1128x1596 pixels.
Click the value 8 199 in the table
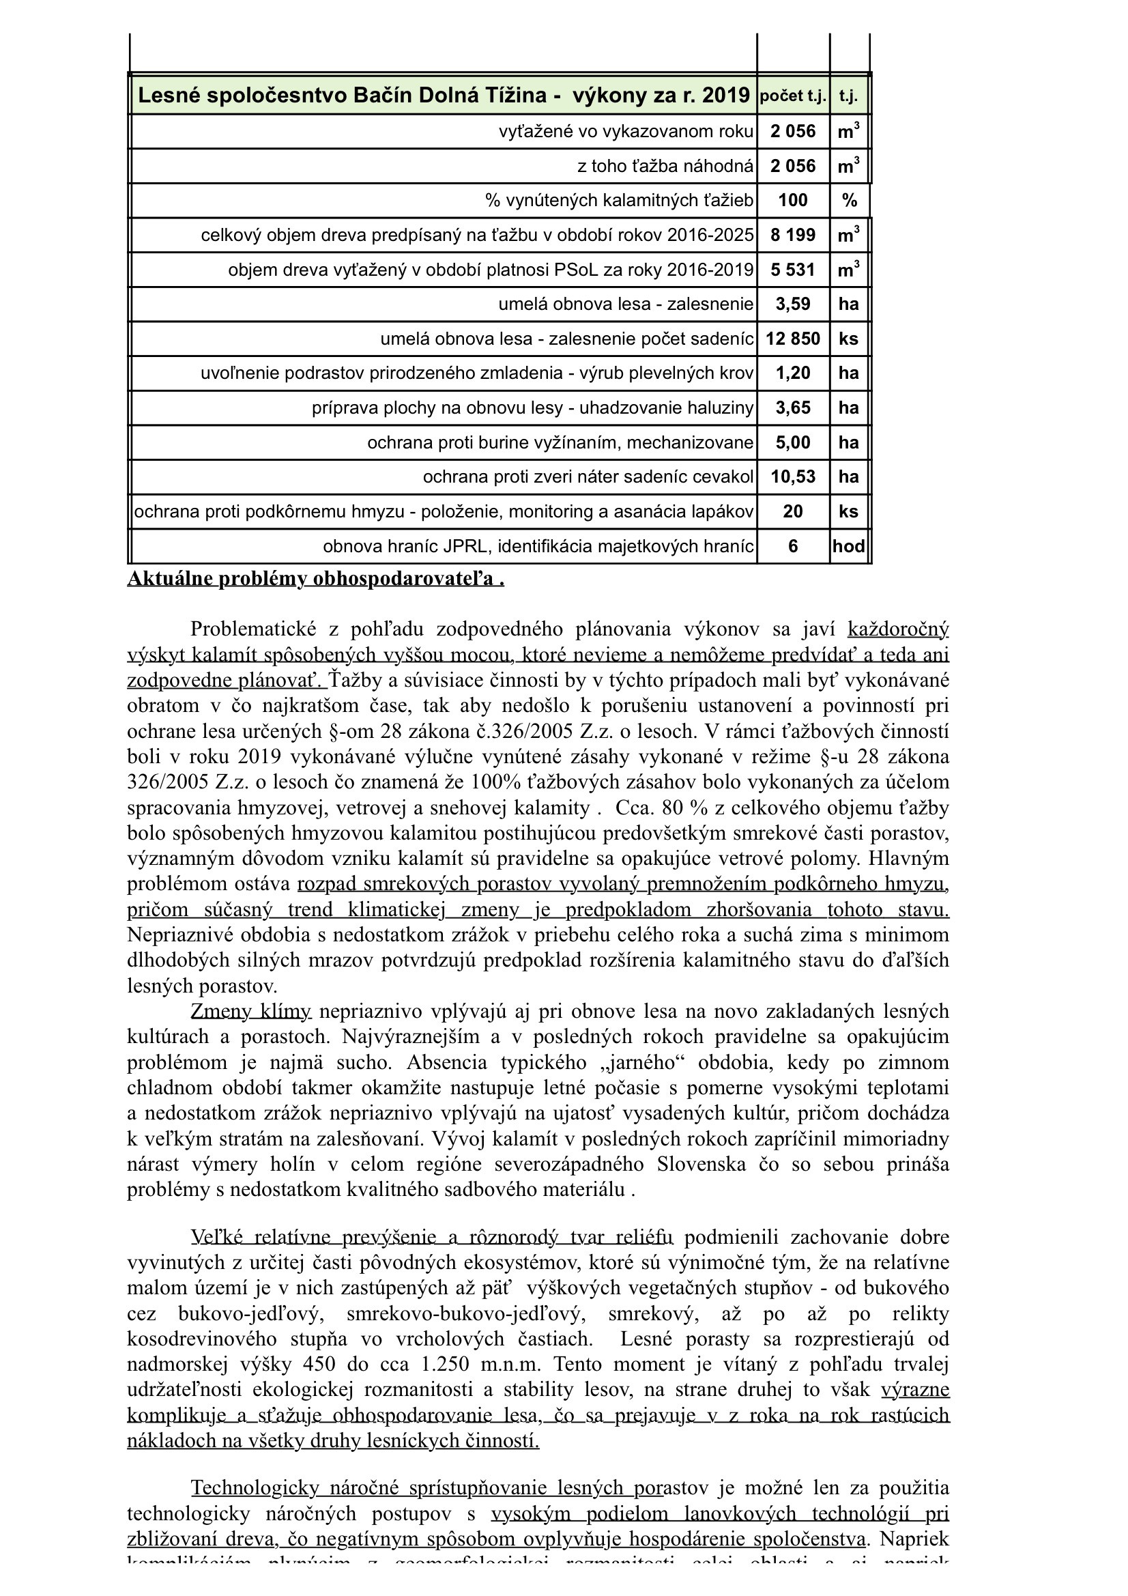792,235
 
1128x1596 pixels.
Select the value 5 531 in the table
792,270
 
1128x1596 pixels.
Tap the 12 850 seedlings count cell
792,339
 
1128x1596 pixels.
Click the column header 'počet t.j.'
792,96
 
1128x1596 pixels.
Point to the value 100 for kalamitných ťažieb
792,201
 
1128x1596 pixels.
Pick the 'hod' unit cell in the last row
849,546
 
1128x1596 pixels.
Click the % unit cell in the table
849,201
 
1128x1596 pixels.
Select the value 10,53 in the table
792,477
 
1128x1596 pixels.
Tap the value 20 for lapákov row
792,511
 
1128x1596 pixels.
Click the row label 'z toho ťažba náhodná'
665,166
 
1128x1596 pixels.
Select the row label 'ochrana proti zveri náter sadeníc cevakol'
588,477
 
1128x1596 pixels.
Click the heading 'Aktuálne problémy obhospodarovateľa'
315,579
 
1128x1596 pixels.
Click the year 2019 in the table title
725,96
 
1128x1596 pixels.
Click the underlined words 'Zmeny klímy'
251,1011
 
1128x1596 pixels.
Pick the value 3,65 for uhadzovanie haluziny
792,408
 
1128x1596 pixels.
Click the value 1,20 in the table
792,373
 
